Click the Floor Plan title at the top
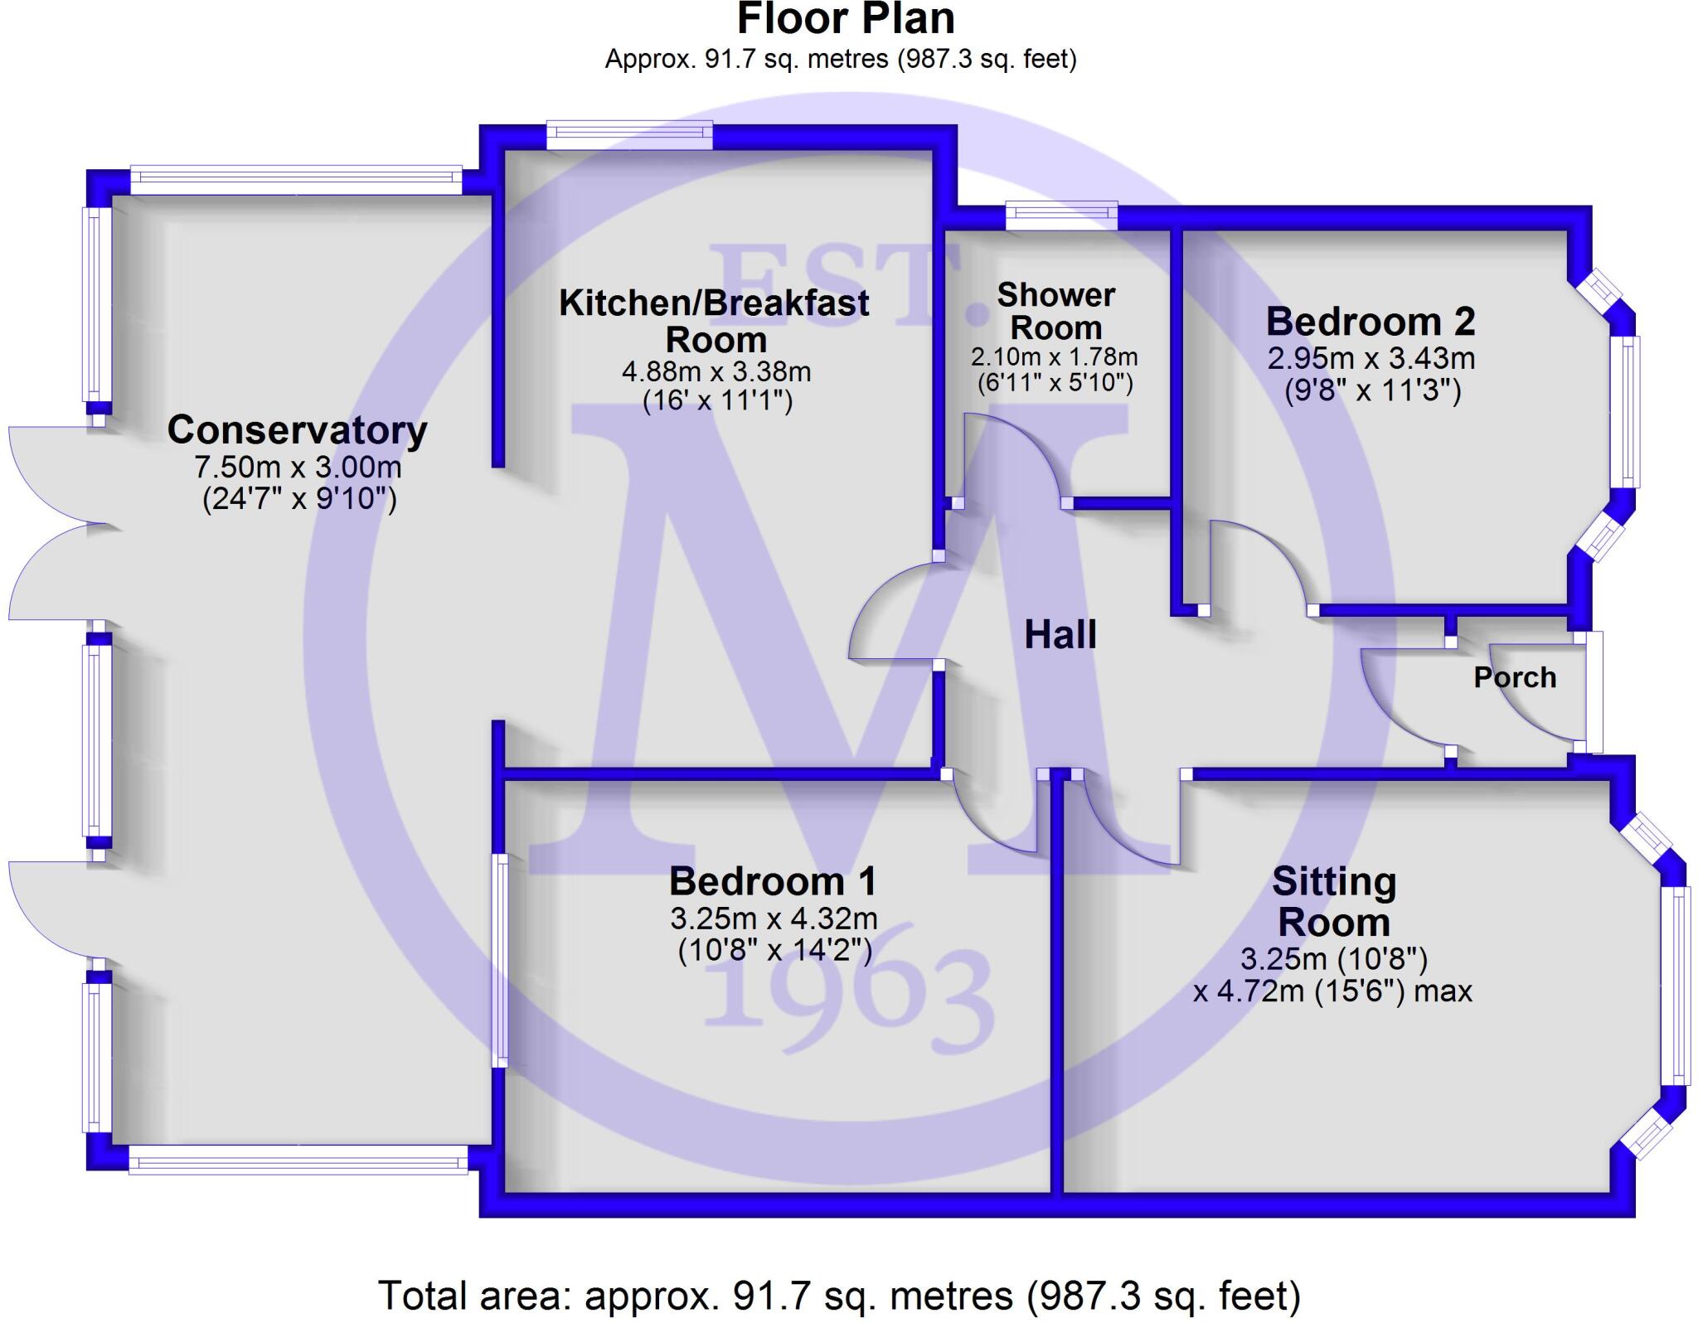(845, 20)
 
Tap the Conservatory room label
(297, 430)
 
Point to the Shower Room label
(1055, 312)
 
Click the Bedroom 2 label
(1371, 322)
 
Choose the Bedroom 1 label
(773, 881)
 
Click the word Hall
(1060, 635)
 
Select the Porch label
(1515, 678)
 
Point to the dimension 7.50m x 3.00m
(298, 468)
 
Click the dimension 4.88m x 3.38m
(716, 371)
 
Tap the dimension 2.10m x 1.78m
(1054, 357)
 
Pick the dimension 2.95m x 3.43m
(1371, 358)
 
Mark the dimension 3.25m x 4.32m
(774, 918)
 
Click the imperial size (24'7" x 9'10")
(299, 499)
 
